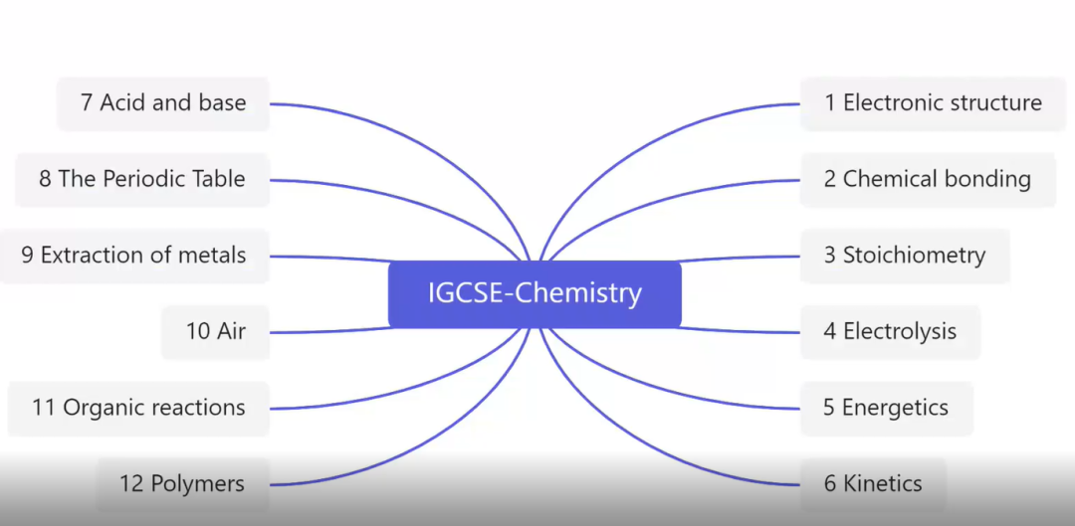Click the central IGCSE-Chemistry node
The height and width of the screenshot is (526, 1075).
[535, 294]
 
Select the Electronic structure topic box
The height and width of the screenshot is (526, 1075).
[933, 103]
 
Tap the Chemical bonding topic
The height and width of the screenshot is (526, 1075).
[927, 180]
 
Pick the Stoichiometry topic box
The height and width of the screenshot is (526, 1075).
[904, 256]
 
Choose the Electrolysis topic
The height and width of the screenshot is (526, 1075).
[890, 332]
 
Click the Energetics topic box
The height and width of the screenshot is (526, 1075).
[885, 408]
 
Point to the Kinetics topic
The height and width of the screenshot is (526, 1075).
[872, 484]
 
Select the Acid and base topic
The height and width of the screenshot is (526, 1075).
[163, 103]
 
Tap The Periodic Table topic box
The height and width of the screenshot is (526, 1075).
[142, 180]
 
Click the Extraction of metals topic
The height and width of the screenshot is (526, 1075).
[133, 256]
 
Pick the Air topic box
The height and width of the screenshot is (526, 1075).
[215, 332]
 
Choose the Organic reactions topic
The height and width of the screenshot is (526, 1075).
[137, 408]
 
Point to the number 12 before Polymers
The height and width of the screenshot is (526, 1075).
[131, 484]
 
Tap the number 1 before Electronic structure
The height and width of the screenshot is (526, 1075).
[830, 103]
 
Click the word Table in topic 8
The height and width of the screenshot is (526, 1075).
[218, 180]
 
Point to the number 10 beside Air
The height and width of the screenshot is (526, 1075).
[198, 332]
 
